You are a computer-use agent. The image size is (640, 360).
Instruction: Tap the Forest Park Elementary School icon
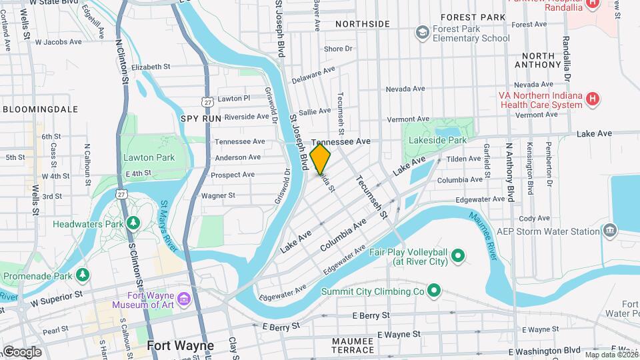tap(421, 32)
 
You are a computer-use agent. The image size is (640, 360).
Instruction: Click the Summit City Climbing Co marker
tap(434, 290)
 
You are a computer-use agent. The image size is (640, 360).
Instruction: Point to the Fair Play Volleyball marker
tap(457, 255)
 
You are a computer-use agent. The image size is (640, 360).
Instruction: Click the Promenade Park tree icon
tap(82, 273)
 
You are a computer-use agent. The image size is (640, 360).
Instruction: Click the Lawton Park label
tap(148, 157)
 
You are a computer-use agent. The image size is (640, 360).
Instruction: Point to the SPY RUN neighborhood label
tap(201, 118)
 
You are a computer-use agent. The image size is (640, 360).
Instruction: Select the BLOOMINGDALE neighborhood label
tap(41, 109)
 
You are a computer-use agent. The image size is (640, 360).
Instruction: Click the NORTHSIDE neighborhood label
tap(362, 24)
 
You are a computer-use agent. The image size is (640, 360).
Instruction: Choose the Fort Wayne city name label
tap(180, 345)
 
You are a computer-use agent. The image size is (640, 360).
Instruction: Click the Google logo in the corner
tap(22, 352)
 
